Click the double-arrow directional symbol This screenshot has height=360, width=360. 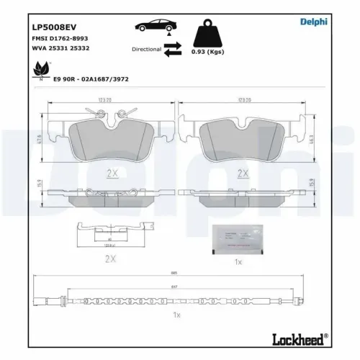[x=173, y=50]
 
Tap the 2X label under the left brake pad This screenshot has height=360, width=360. [x=112, y=174]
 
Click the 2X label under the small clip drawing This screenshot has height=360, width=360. [x=111, y=257]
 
